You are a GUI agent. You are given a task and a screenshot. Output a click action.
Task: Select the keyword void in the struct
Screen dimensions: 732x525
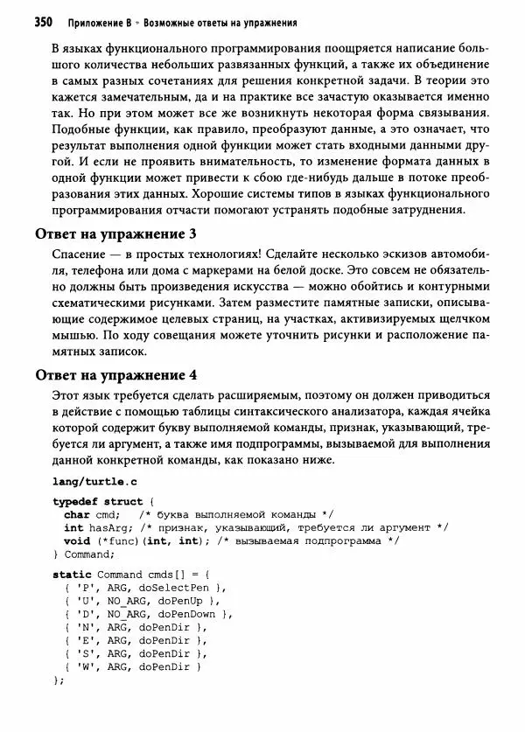(78, 540)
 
